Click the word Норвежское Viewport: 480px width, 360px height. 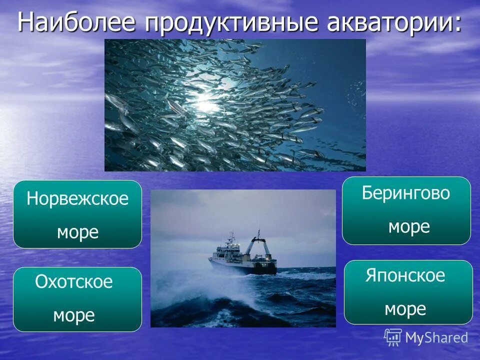[x=77, y=199]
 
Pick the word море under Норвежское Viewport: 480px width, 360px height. [x=77, y=232]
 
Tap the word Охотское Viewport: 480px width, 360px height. [x=74, y=282]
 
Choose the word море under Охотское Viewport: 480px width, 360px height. [x=74, y=315]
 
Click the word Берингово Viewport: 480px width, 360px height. [x=406, y=193]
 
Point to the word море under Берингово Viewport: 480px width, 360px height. [x=409, y=227]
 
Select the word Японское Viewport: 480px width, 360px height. [x=405, y=275]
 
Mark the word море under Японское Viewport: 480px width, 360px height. [x=405, y=309]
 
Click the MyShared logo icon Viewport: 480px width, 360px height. [x=393, y=337]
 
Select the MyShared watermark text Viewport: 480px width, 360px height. [x=436, y=338]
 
